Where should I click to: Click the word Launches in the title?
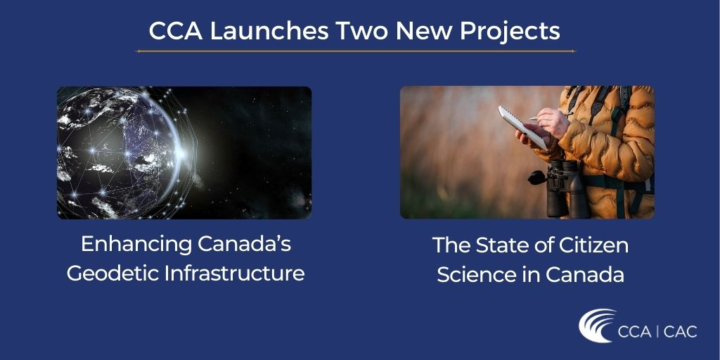(x=269, y=31)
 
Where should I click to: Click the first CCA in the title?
(x=175, y=31)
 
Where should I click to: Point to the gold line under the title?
(x=356, y=51)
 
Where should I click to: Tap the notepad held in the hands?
(x=522, y=127)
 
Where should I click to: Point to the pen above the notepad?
(x=546, y=117)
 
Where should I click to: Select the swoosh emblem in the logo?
(x=597, y=325)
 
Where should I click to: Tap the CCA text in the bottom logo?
(x=635, y=332)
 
